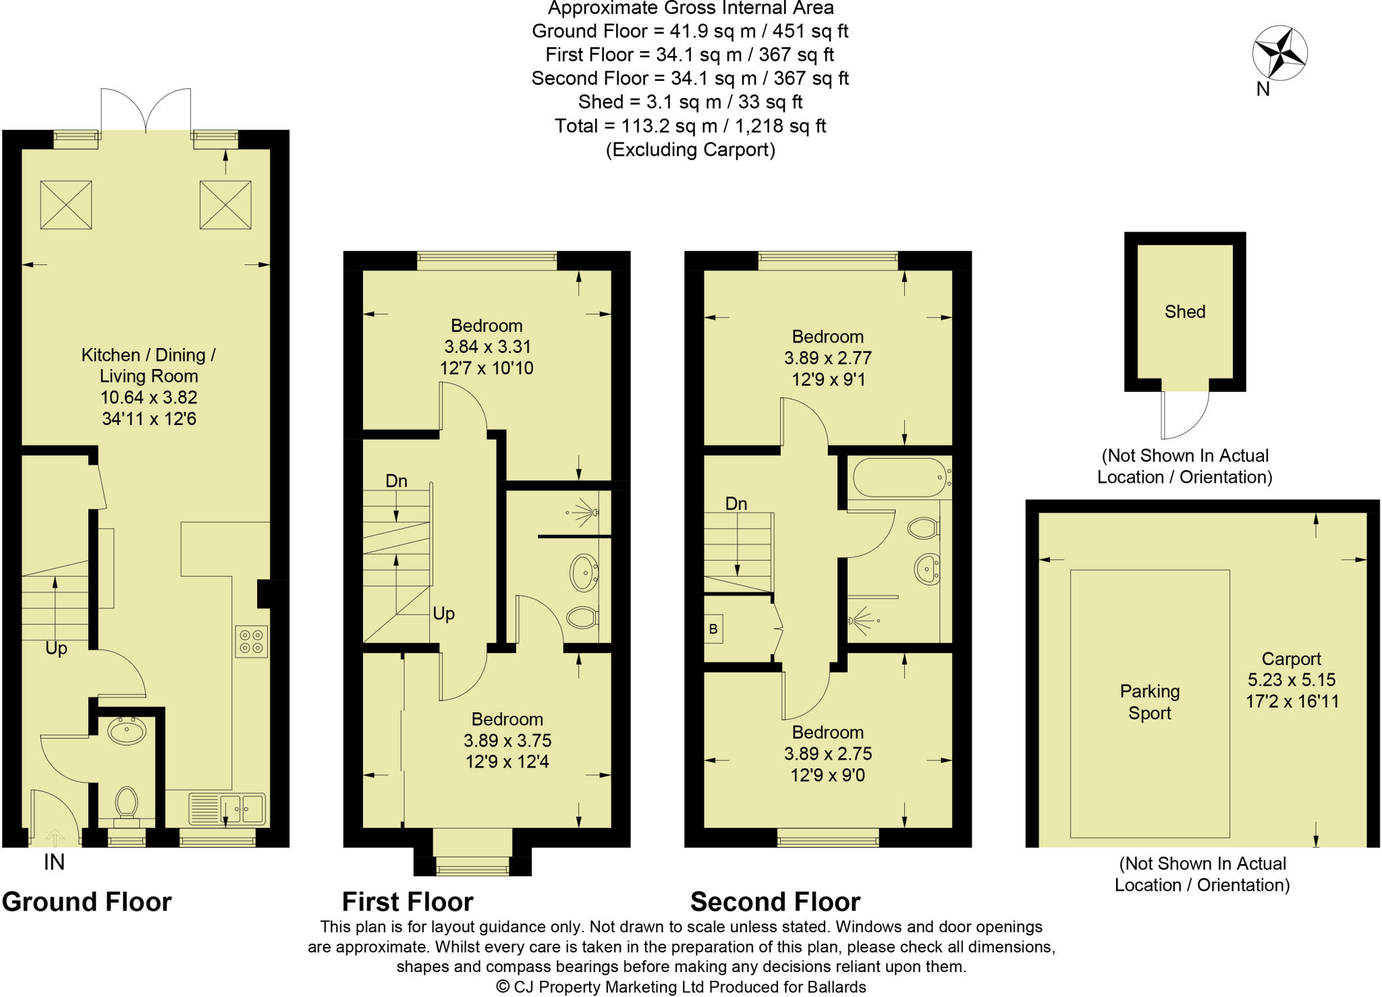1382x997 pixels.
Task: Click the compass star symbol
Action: (x=1279, y=53)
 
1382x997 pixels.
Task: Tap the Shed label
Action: (x=1184, y=312)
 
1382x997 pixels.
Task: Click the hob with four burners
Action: (x=251, y=642)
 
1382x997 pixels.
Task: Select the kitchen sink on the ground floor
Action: (x=242, y=807)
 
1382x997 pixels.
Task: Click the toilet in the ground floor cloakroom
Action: (x=126, y=803)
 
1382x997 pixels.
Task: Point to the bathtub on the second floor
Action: (x=898, y=478)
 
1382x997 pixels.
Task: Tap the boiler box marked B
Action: (x=713, y=629)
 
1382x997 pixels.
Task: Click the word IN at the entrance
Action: (x=54, y=862)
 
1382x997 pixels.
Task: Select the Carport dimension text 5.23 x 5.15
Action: (x=1291, y=680)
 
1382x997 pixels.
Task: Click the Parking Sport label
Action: (x=1149, y=702)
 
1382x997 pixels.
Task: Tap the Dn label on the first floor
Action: (x=396, y=481)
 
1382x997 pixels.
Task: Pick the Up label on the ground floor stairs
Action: (x=56, y=648)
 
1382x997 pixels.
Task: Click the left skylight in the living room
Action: (x=65, y=205)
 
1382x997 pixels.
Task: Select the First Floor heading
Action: (x=408, y=902)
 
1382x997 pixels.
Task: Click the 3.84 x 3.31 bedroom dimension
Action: (x=487, y=347)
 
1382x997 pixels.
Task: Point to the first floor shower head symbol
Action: (x=584, y=513)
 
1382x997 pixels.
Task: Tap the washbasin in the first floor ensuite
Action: (x=584, y=573)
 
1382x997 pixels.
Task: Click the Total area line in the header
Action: (x=690, y=126)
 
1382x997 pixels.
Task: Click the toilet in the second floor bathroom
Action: (x=923, y=528)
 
